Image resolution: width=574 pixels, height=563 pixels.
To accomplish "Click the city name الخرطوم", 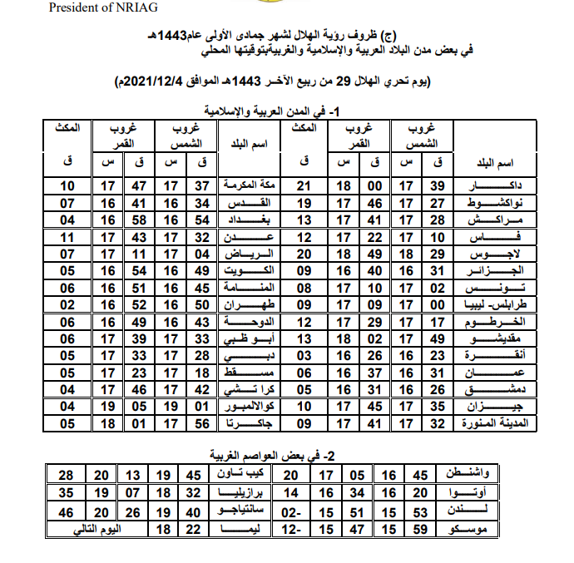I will coord(487,321).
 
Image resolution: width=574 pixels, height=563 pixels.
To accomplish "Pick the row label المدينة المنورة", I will coord(487,424).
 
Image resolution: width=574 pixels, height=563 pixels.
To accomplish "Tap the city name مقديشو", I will coord(487,338).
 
